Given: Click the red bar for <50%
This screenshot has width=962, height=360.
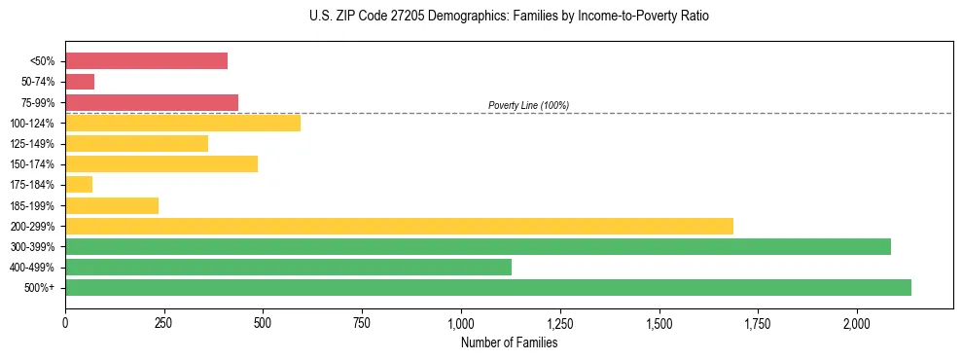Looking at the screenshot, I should pos(146,61).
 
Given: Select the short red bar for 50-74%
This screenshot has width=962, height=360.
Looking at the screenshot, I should pos(80,82).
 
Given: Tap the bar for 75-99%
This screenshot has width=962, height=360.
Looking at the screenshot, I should pos(152,102).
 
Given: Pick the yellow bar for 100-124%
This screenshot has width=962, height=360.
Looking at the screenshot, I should pos(183,123).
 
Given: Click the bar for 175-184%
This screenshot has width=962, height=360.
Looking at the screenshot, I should pos(79,185).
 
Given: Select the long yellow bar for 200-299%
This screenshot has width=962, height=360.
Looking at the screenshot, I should pos(399,226).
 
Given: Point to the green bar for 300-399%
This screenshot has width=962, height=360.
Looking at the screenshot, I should pos(478,247).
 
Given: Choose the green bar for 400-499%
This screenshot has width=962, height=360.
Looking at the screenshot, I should pos(288,268).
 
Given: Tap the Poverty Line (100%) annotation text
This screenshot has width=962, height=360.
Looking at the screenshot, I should pos(528,105).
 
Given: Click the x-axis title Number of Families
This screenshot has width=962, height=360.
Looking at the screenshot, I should pos(509,343).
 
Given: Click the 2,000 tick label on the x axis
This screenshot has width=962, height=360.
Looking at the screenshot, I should pos(857,323).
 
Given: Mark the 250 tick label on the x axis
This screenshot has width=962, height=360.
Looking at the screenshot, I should pos(163,323).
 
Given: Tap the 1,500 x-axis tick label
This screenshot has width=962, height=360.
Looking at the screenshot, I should pos(659,323).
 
